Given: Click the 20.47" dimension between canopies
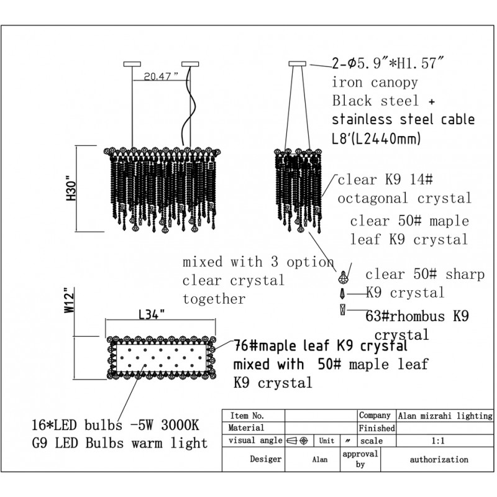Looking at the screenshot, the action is [162, 76].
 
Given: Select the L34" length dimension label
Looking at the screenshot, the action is [152, 314].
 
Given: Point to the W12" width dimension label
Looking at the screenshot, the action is [70, 300].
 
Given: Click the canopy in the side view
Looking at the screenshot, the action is [298, 64].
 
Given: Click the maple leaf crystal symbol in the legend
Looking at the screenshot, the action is [342, 277].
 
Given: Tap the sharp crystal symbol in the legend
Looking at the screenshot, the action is [342, 293].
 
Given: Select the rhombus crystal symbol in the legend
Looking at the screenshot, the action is [342, 309].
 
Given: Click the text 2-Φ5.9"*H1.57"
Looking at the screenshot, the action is [387, 63].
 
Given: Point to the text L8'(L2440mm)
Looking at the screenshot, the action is [376, 138].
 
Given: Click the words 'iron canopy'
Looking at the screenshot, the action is [375, 83].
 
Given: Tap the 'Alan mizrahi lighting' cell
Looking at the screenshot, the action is [445, 416].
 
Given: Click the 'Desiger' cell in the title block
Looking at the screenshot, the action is [253, 459].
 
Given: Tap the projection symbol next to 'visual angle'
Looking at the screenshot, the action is [298, 440].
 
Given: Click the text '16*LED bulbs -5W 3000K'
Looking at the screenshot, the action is [116, 425].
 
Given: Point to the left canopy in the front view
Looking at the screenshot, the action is [132, 64].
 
